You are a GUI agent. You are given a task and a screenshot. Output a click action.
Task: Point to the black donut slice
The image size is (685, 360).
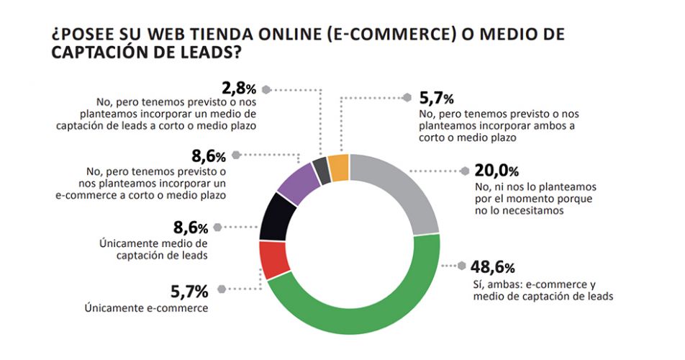[x=274, y=217]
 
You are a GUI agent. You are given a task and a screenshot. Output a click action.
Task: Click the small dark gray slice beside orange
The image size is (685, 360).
[x=322, y=171]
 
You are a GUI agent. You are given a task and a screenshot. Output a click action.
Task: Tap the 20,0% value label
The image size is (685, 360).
[x=496, y=171]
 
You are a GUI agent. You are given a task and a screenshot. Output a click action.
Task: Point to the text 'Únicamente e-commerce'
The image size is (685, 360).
[x=146, y=308]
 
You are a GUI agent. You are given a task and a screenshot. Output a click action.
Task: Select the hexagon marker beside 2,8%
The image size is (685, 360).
[x=266, y=90]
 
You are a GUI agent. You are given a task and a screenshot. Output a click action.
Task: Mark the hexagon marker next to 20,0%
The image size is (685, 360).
[x=464, y=171]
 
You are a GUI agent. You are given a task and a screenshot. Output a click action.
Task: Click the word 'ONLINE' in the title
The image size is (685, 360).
[x=283, y=35]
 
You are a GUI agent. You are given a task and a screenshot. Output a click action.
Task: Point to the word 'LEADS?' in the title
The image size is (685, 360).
[x=205, y=53]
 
